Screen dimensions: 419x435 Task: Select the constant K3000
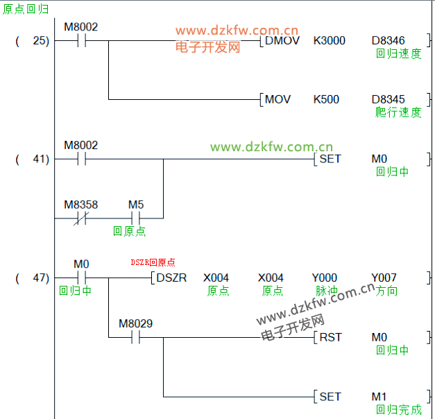point(329,40)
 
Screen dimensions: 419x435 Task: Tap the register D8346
point(389,40)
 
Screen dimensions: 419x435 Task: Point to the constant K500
point(326,99)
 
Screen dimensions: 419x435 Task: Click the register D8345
point(389,99)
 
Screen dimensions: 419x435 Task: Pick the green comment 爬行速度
point(398,112)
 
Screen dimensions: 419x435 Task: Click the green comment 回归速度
point(398,53)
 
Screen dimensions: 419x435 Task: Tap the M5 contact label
point(136,205)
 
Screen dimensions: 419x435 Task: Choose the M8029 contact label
point(136,323)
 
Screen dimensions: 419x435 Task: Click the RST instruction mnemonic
point(330,337)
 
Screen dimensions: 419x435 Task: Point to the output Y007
point(384,277)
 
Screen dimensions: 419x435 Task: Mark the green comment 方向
point(386,291)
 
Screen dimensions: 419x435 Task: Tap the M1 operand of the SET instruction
point(379,396)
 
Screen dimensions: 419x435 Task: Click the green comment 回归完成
point(398,409)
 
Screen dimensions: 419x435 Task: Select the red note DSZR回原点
point(153,263)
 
